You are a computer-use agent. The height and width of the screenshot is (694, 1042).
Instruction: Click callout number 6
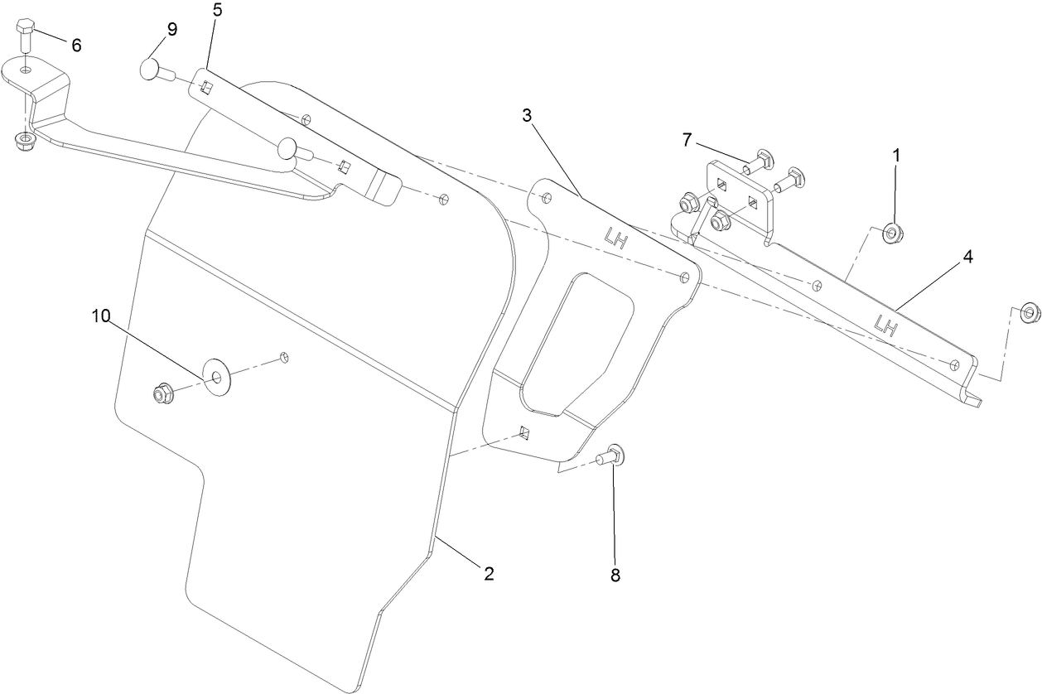[x=76, y=46]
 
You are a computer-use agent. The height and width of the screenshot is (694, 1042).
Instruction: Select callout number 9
[x=172, y=29]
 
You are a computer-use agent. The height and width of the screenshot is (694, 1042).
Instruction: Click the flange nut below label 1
[x=892, y=234]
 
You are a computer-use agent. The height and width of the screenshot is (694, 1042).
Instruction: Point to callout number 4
[x=967, y=257]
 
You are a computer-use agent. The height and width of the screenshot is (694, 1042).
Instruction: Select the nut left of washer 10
[x=162, y=393]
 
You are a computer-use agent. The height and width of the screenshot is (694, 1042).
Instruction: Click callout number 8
[x=615, y=575]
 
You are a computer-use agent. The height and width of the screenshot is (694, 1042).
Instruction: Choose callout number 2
[x=489, y=573]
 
